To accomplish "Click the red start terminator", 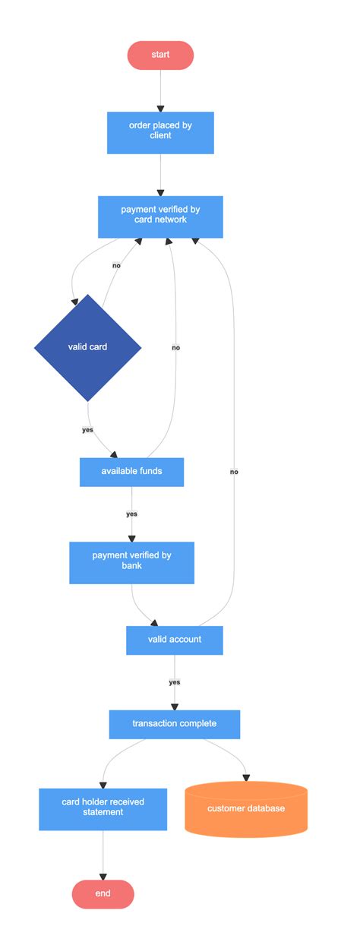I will click(160, 55).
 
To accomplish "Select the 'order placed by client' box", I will click(160, 132).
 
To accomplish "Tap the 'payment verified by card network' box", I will click(160, 217).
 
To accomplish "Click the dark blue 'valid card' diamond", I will click(88, 347).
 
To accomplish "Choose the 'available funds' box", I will click(131, 472).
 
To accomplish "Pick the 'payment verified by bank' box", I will click(131, 562).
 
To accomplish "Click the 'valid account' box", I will click(174, 640).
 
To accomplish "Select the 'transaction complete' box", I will click(174, 724).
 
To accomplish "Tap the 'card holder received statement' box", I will click(103, 808).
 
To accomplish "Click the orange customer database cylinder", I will click(246, 809).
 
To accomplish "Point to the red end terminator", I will click(103, 894).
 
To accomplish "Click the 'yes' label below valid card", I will click(87, 430).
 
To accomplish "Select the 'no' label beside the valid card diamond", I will click(116, 266).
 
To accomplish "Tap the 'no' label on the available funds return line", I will click(175, 347).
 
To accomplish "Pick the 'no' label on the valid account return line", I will click(234, 472).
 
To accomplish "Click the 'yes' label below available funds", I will click(131, 514).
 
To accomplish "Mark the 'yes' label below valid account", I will click(174, 682).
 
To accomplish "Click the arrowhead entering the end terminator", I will click(103, 875).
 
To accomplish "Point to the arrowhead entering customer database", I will click(246, 777).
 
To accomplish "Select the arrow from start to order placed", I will click(160, 90).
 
